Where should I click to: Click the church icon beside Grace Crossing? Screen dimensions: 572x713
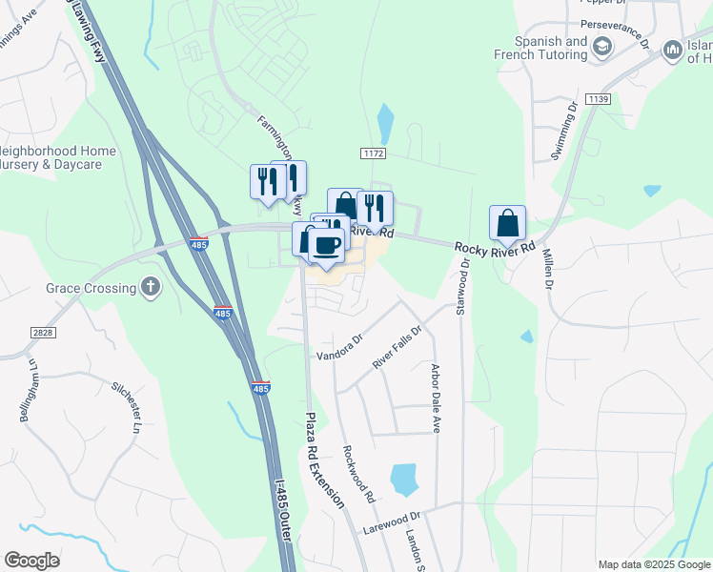pos(150,287)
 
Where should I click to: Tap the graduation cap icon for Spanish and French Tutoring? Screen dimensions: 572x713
pos(602,47)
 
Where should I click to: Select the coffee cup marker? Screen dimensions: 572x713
pos(327,246)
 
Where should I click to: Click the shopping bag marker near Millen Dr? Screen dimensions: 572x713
pos(508,225)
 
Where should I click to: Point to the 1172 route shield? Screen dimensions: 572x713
pos(373,153)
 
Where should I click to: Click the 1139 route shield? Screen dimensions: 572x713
pos(599,98)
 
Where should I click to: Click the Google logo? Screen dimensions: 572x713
pos(31,561)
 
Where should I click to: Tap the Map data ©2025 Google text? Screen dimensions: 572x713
pos(654,564)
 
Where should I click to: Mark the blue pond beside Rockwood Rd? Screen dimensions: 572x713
pos(404,479)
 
